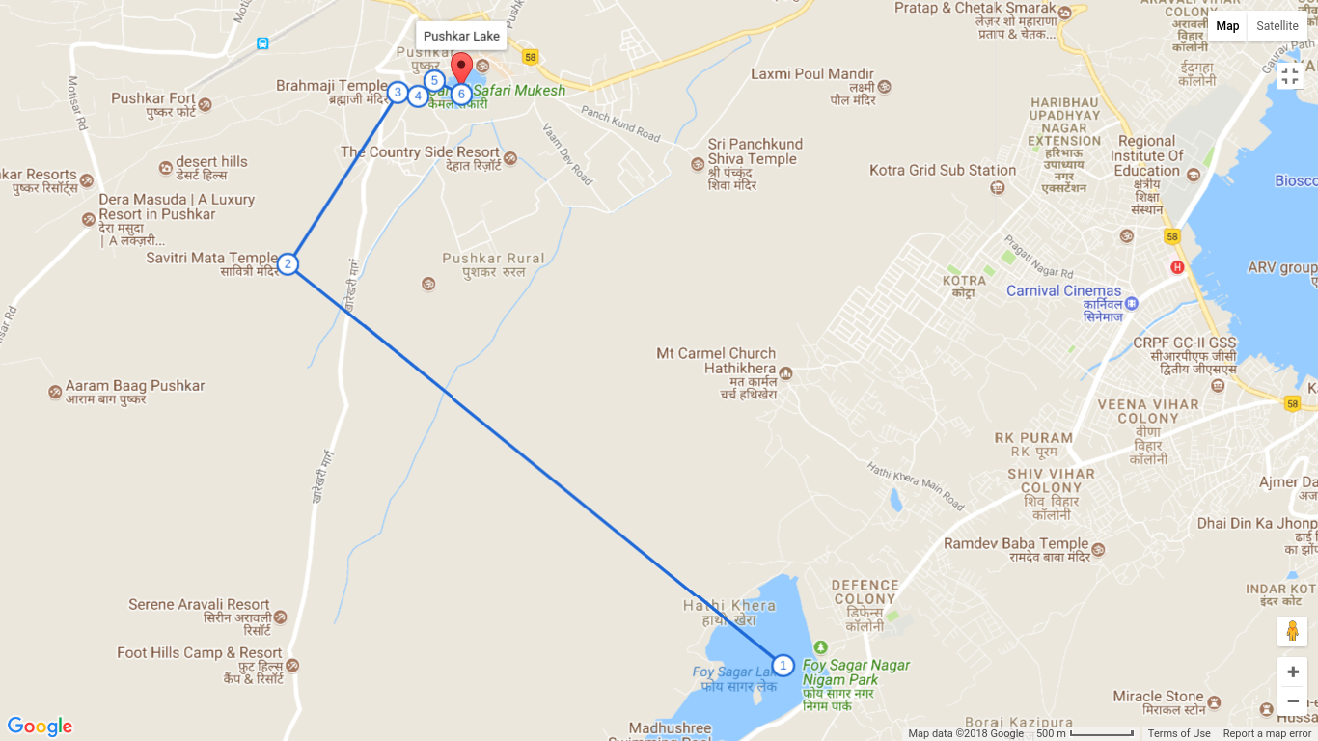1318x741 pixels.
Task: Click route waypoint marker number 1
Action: click(783, 666)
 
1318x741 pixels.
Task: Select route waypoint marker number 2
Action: click(287, 263)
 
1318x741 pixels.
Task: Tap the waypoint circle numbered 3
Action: click(398, 93)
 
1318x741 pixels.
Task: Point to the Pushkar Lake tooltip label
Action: click(461, 37)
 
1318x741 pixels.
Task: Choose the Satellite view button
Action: click(1277, 26)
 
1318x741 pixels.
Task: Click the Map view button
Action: click(1227, 26)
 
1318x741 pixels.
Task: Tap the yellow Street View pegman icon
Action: click(1292, 631)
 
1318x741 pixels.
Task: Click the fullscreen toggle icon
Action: click(1290, 75)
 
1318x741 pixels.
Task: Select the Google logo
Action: click(40, 727)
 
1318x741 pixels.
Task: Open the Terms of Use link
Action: click(1178, 733)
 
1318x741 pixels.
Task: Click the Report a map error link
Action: click(1267, 733)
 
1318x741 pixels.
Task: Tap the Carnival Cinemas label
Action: click(1063, 290)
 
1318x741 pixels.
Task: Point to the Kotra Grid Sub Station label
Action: click(943, 170)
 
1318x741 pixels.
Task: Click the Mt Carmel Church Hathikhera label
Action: click(716, 361)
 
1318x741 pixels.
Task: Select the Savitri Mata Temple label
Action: click(211, 258)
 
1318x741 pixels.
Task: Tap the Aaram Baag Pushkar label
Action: click(135, 386)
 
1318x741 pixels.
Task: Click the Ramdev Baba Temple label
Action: click(1016, 544)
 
